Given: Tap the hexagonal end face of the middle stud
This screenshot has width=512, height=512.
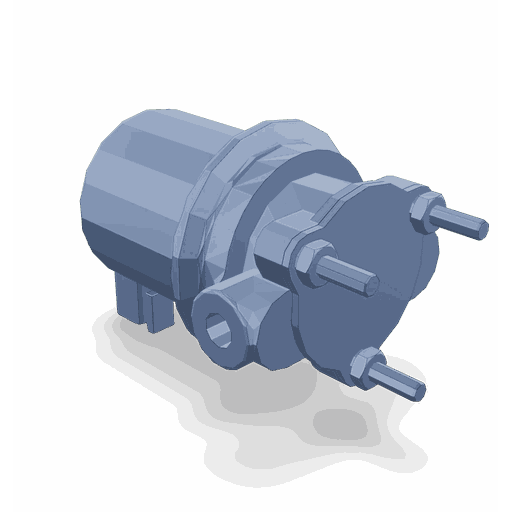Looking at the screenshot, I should (x=371, y=287).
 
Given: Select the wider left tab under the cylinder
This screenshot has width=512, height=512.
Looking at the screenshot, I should (x=131, y=298).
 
